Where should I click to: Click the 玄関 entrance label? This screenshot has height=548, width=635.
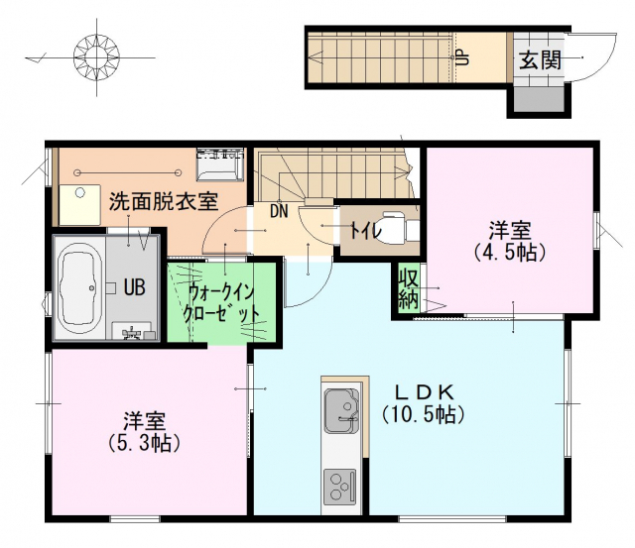pos(540,60)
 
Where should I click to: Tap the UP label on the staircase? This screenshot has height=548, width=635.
pos(462,57)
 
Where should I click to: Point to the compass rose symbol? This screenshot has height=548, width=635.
pos(97,56)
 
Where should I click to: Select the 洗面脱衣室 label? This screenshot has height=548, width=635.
pos(164,201)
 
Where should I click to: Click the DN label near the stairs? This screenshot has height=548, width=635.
pos(279,211)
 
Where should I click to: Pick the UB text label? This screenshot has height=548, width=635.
pos(135,288)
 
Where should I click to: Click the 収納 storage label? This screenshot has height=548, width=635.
pos(408,289)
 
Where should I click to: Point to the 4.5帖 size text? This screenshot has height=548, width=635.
pos(510,253)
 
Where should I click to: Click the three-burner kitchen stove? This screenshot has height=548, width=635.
pos(339,486)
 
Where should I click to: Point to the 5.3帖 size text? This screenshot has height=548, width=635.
pos(145,443)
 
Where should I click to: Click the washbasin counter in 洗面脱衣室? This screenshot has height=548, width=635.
pos(79,205)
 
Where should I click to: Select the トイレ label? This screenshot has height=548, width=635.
pos(365,231)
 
